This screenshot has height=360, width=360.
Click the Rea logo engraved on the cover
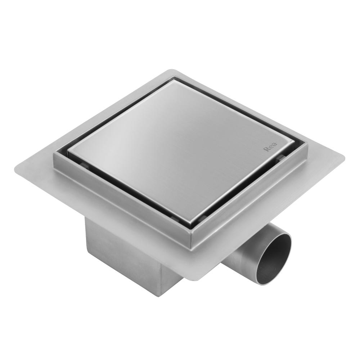coord(268,148)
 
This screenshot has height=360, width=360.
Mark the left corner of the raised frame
coord(54,155)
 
